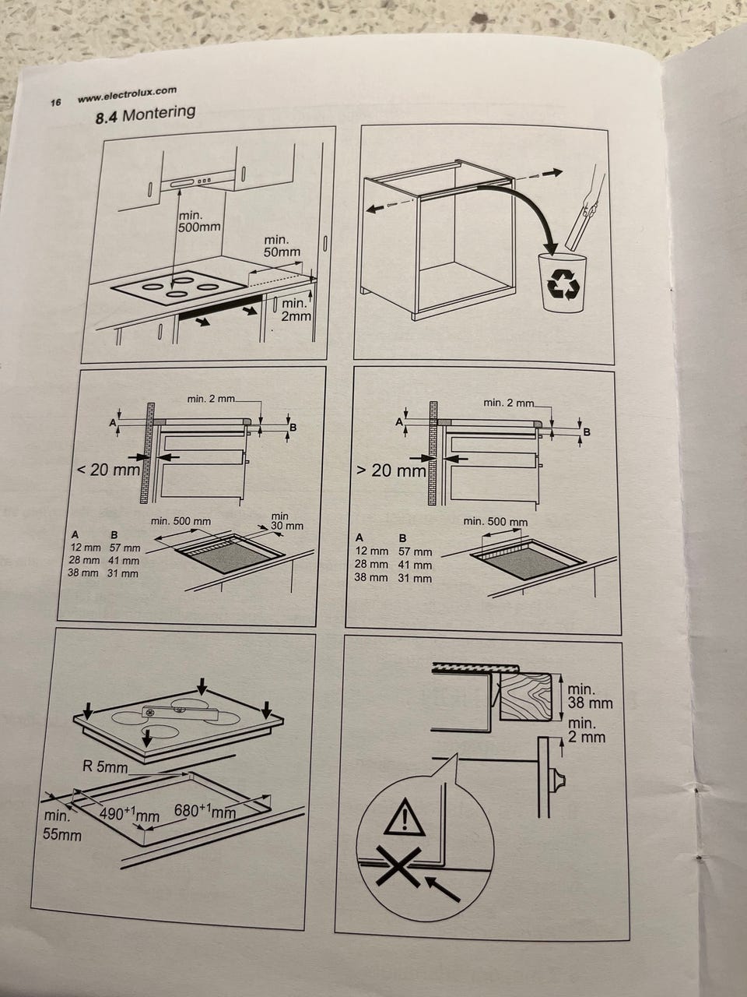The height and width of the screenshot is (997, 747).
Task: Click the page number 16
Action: pos(55,102)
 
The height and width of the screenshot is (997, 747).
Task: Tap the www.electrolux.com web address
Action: pos(127,94)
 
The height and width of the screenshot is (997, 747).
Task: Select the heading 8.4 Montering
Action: pos(146,114)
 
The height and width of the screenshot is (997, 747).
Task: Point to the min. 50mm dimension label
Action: pos(282,245)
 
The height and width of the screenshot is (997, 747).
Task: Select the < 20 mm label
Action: pos(109,470)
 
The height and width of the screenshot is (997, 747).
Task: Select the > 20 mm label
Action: pos(391,470)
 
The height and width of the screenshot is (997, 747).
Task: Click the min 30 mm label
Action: pos(286,521)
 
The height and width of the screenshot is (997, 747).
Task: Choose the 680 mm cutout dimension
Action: pos(205,810)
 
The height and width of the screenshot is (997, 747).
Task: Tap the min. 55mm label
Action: pos(62,826)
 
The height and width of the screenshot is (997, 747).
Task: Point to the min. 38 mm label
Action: pos(590,696)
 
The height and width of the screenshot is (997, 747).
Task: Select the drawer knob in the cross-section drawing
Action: pos(557,780)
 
